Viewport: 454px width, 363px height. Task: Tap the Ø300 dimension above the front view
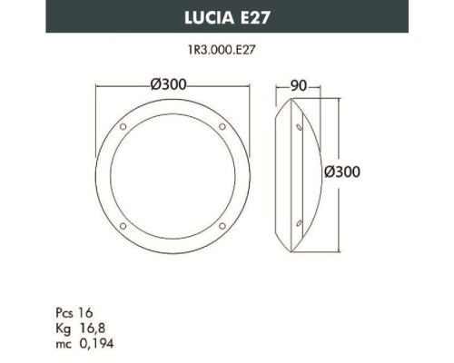pyautogui.click(x=170, y=85)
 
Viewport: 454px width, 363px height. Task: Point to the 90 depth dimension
pyautogui.click(x=295, y=85)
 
